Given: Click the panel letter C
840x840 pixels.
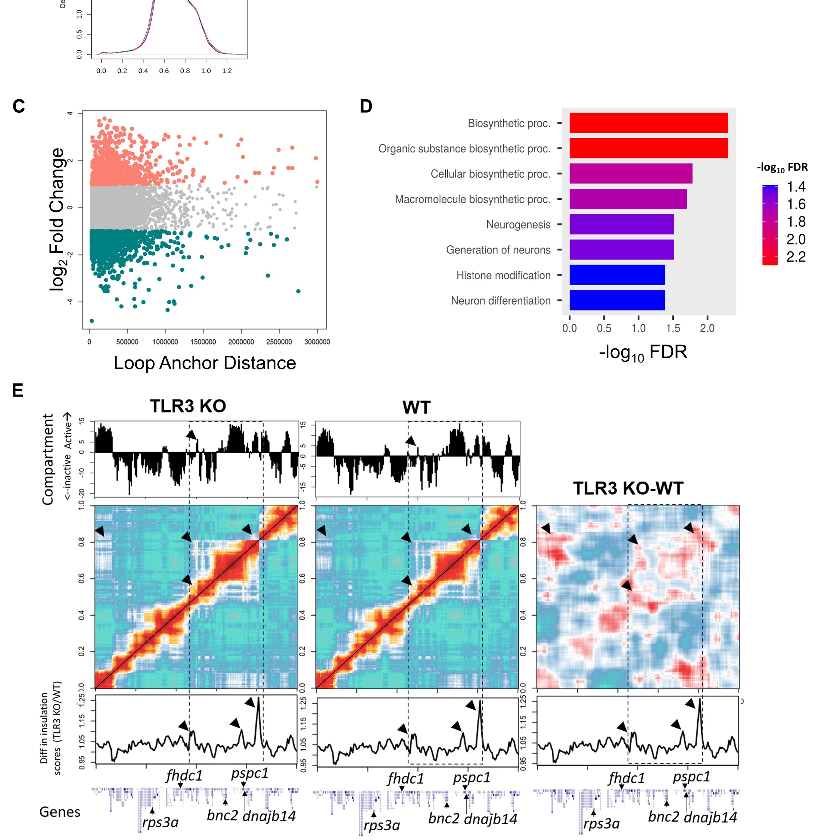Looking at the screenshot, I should tap(19, 106).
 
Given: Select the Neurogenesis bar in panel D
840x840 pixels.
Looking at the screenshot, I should tap(621, 224).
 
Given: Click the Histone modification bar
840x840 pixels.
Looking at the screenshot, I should tap(617, 275).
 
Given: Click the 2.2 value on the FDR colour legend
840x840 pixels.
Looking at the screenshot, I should tap(796, 257).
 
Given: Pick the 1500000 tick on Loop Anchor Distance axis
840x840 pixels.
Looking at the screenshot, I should tap(203, 342).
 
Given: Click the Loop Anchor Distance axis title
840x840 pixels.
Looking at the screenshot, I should tap(205, 363).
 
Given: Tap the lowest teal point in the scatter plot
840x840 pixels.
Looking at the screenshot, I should tap(91, 321).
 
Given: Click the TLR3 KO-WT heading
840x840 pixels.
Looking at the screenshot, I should tap(628, 488).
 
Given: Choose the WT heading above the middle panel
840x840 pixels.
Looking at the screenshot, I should tap(416, 407).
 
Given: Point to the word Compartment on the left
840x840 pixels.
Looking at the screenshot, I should tap(47, 459).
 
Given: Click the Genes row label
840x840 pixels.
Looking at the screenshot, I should tap(60, 812).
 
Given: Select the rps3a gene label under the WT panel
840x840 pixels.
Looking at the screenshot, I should tap(381, 825).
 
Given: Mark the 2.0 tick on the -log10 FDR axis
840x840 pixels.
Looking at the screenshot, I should tap(707, 328).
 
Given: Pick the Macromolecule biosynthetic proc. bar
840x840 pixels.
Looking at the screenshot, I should tap(628, 199).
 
